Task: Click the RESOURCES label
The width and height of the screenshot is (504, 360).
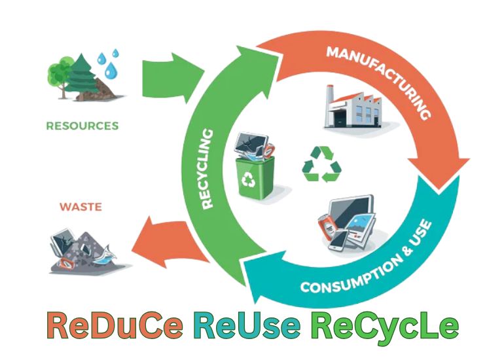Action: (x=82, y=125)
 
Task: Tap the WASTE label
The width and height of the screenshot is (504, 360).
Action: (x=81, y=207)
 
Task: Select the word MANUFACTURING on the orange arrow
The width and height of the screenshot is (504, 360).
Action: (x=379, y=79)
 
